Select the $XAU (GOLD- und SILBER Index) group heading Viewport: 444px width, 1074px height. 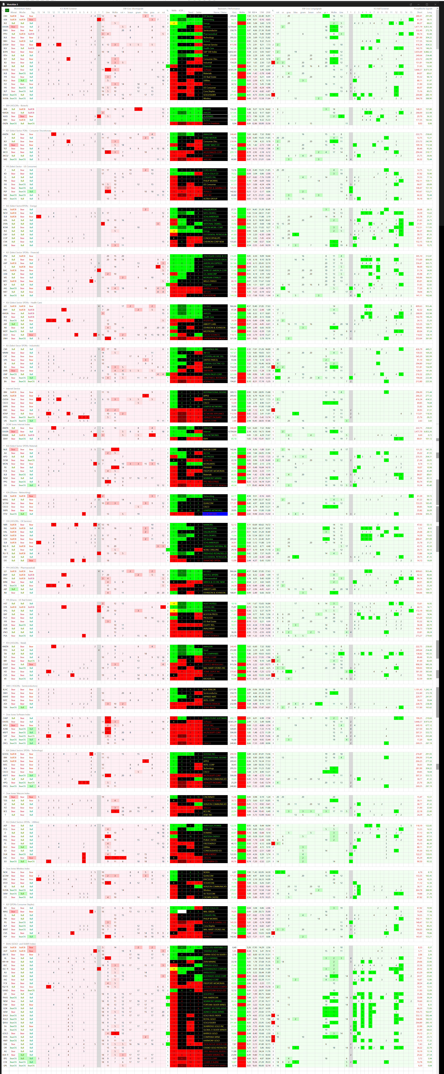coord(21,944)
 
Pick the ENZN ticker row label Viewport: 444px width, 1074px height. coord(5,123)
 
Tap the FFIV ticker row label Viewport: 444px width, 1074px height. coord(5,514)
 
